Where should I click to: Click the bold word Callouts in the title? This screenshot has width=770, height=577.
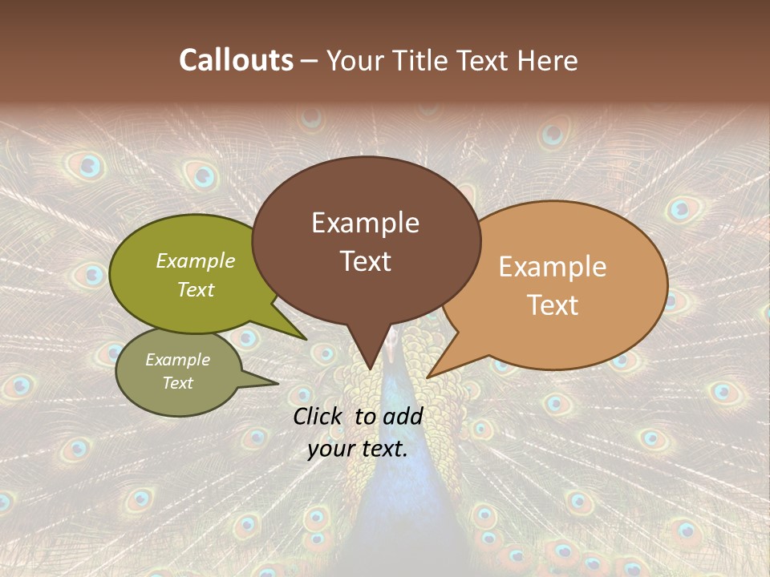(236, 60)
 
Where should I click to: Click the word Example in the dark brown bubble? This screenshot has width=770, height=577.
(365, 223)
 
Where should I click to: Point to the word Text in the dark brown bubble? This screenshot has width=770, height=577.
(365, 261)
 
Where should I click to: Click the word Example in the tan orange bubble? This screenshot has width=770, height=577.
(553, 267)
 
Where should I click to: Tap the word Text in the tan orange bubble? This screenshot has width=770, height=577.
(553, 305)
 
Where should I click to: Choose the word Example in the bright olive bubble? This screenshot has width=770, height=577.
(196, 260)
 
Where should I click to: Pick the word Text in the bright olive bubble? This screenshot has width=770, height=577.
(196, 289)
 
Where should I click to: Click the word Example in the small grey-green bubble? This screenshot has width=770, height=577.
(178, 360)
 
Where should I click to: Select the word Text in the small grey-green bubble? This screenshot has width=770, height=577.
(178, 383)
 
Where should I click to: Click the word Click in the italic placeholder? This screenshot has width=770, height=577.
(319, 416)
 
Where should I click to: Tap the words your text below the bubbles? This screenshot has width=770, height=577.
(358, 450)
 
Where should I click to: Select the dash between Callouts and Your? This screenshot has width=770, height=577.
(310, 61)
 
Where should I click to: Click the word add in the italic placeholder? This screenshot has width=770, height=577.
(403, 416)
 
